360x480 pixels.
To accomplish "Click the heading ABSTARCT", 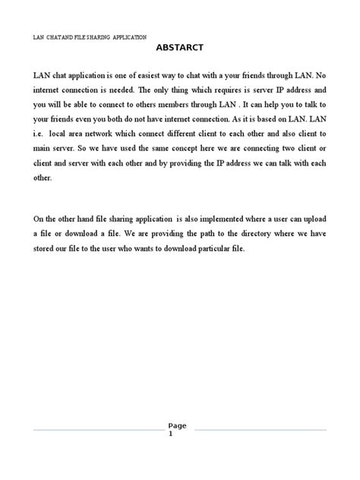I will point(179,47).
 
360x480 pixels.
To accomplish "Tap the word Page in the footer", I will point(179,425).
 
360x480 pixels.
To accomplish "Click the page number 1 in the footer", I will point(179,434).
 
